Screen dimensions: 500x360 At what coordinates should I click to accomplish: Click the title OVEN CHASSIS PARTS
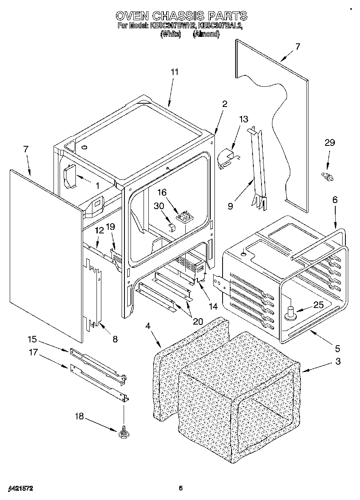(181, 16)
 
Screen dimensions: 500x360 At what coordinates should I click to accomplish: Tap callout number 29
(330, 143)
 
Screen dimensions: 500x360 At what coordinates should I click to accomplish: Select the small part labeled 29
(327, 176)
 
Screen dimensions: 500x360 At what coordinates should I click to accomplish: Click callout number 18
(79, 417)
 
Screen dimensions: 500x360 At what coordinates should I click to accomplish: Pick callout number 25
(319, 305)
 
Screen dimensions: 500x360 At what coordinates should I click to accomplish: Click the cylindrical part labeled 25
(290, 313)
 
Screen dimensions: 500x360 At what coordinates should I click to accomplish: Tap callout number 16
(162, 192)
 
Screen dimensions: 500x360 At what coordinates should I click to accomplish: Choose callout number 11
(174, 72)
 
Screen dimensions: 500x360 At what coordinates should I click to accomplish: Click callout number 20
(197, 321)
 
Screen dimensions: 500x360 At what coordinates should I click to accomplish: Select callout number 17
(32, 353)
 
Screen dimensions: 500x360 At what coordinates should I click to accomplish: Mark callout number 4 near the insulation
(148, 325)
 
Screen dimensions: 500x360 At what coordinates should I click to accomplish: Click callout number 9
(230, 206)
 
